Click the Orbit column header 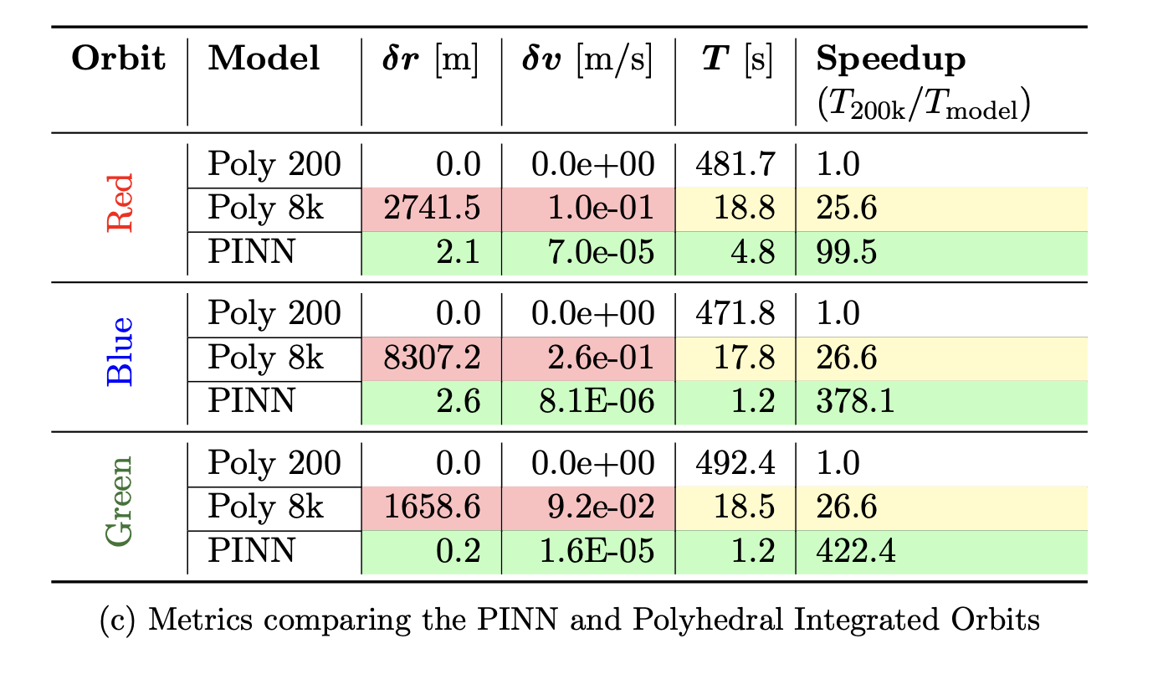click(x=119, y=59)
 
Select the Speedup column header click(x=891, y=59)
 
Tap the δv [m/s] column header click(x=587, y=59)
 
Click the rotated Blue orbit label click(x=120, y=352)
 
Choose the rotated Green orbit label click(x=120, y=501)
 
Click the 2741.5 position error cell click(x=433, y=209)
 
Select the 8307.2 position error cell click(x=433, y=358)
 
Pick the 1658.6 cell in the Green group click(x=433, y=507)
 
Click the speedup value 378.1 click(x=855, y=402)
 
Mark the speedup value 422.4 click(x=855, y=552)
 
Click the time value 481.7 click(x=735, y=164)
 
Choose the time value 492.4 click(x=735, y=463)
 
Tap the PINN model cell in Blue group click(x=251, y=402)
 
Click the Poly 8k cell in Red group click(x=265, y=209)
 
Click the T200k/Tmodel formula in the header click(x=924, y=108)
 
